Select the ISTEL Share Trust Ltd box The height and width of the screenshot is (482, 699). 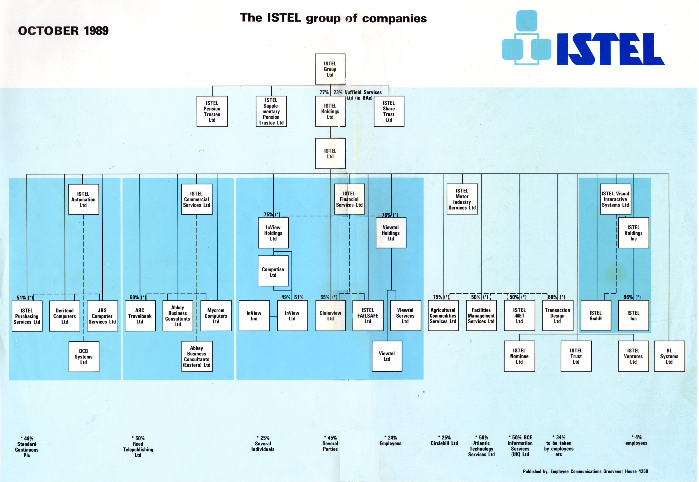point(389,111)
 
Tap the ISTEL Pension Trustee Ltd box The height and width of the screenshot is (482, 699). point(212,111)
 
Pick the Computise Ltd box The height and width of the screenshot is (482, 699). point(273,271)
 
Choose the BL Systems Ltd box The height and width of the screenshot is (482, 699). point(669,356)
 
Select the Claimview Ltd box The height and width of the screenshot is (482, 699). point(330,316)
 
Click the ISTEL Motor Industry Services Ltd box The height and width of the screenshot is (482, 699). point(462,199)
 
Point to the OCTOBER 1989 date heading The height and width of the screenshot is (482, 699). point(63,31)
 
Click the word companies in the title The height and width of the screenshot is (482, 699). point(394,19)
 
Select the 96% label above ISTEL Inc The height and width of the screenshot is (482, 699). point(628,297)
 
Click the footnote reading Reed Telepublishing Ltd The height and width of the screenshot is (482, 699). point(138,449)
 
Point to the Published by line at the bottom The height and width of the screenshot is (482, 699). point(585,471)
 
